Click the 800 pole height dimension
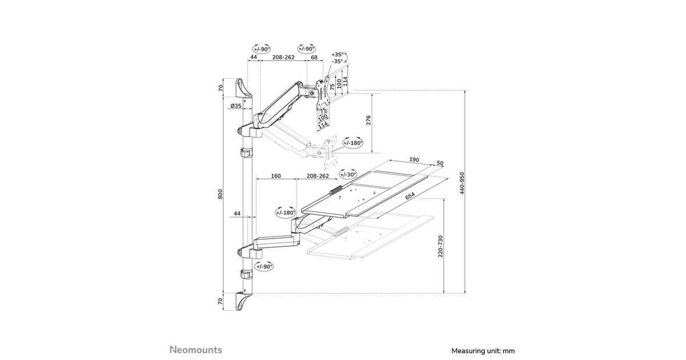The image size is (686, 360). click(221, 194)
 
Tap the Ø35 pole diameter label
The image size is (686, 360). click(235, 106)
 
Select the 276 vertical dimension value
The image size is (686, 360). click(369, 121)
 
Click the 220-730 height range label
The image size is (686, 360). click(440, 247)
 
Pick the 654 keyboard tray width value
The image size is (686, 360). click(410, 196)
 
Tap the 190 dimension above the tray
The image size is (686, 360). click(415, 161)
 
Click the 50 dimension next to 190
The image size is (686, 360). click(440, 163)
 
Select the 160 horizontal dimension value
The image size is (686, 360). click(276, 176)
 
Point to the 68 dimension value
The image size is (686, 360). click(314, 58)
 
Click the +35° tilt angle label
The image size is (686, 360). click(337, 54)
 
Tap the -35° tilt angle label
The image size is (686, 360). click(337, 61)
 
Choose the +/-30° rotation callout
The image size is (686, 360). click(348, 174)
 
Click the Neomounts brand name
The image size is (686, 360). click(196, 350)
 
